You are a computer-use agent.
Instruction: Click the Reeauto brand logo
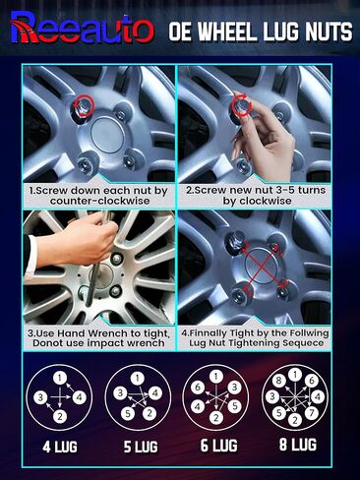(82, 28)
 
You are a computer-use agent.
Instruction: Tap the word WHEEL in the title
(226, 31)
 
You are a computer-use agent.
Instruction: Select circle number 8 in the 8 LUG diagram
(278, 381)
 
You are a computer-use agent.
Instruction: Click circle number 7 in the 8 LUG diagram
(312, 412)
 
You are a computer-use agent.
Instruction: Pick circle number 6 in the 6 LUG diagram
(198, 388)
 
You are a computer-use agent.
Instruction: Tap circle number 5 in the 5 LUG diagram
(128, 413)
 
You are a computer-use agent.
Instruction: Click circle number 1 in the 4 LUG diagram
(60, 379)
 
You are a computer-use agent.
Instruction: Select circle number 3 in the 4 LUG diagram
(40, 397)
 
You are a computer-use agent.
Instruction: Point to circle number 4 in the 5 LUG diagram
(155, 392)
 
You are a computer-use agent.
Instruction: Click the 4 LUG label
(60, 447)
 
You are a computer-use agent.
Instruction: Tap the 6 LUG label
(218, 446)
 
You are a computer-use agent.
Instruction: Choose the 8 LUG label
(298, 445)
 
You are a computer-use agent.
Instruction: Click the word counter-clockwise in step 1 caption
(100, 201)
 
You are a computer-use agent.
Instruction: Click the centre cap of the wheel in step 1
(108, 135)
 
